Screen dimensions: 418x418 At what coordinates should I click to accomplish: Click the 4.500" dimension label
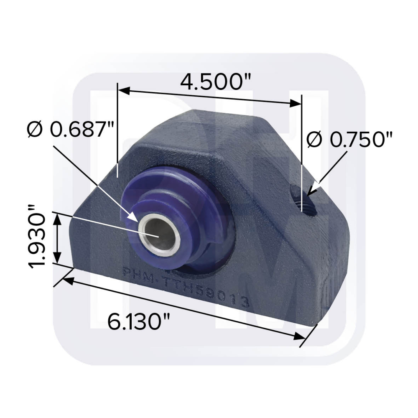click(x=211, y=82)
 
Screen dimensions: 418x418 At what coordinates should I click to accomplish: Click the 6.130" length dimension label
click(x=139, y=322)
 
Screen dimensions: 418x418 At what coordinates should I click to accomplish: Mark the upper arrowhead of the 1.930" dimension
click(x=58, y=217)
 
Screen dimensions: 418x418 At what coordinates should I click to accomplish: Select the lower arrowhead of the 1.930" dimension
click(x=58, y=259)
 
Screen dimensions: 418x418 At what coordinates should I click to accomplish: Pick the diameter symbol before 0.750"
click(x=314, y=140)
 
